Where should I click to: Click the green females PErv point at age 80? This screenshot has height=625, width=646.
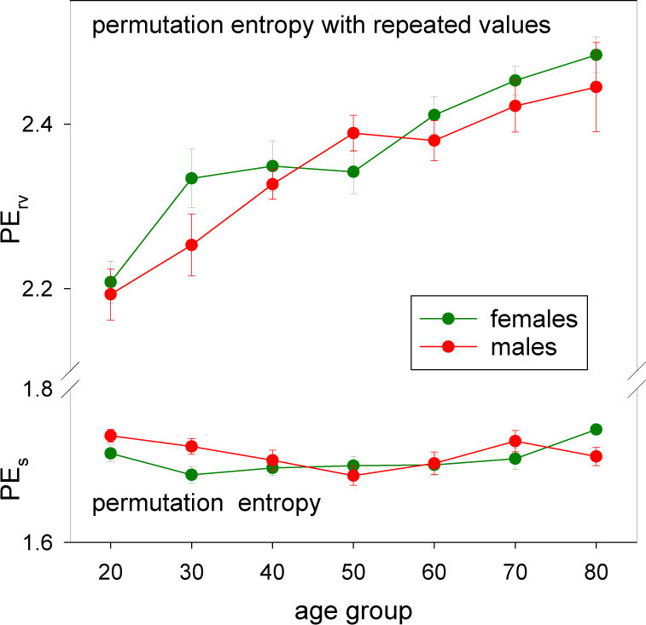pos(596,55)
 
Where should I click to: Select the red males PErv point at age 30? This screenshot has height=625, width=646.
pos(191,245)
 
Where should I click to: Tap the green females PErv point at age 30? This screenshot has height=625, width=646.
pos(191,178)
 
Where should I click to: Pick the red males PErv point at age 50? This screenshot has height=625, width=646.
pos(353,133)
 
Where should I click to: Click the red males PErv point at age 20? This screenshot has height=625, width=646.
pos(110,294)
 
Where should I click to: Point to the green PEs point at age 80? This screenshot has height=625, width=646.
pos(596,429)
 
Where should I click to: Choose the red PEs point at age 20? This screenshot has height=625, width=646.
pos(110,436)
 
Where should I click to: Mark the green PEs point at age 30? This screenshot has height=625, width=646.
pos(191,475)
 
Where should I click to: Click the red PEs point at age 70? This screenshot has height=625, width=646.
pos(515,441)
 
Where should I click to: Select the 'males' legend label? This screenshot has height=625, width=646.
pos(523,346)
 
